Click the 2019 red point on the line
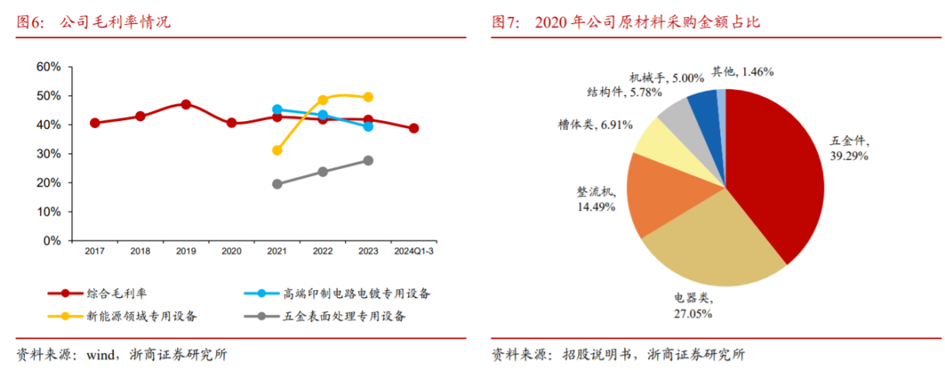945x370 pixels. tap(186, 104)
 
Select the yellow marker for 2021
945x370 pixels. tap(277, 150)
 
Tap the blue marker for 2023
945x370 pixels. tap(369, 126)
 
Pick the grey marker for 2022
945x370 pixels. tap(323, 171)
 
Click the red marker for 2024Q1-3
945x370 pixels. tap(414, 128)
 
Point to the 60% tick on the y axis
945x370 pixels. tap(48, 67)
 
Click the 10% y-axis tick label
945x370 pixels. tap(48, 212)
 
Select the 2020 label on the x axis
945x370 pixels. tap(231, 251)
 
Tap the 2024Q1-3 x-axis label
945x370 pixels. tap(414, 251)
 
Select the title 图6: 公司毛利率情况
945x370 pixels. tap(93, 22)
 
